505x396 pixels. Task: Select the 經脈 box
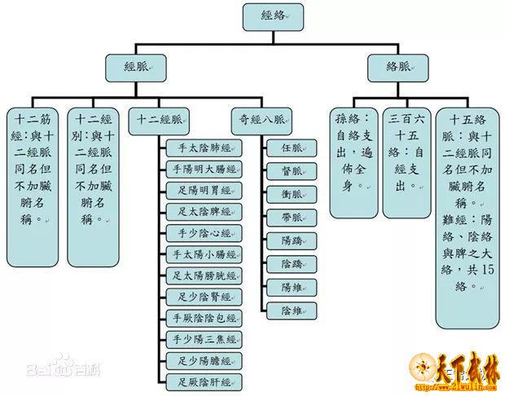point(135,67)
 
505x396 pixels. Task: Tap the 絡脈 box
point(398,67)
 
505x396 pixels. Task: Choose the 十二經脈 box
point(160,117)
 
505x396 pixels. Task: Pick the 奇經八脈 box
point(258,117)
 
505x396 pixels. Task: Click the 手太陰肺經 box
point(204,148)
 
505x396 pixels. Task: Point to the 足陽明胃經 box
point(204,191)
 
